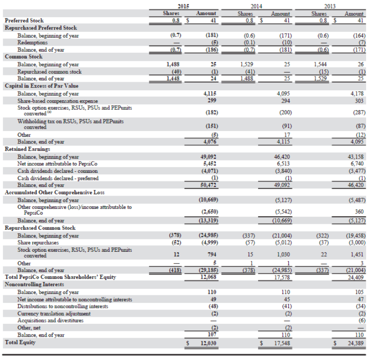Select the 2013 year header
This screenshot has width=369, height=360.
pos(331,6)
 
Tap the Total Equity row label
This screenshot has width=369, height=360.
pos(20,342)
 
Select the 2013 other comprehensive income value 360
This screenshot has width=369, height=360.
pos(359,211)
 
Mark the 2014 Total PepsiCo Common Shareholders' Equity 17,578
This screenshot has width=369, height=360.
pos(282,277)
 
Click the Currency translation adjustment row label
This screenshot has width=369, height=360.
pos(54,313)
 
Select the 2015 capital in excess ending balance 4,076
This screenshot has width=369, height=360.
pos(209,142)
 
